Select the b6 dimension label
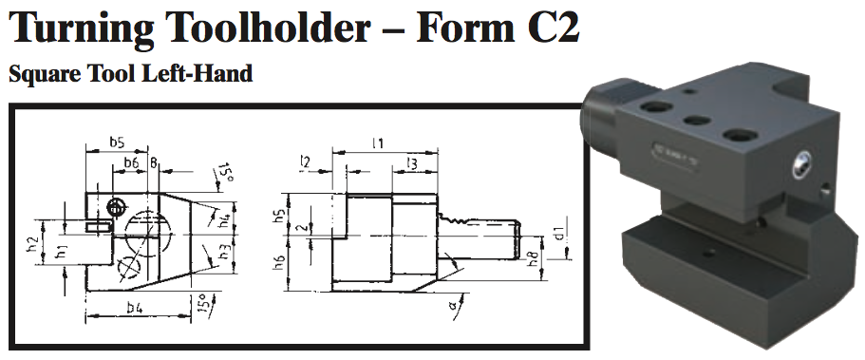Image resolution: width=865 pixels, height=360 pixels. click(131, 163)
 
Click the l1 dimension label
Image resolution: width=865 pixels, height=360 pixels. click(377, 142)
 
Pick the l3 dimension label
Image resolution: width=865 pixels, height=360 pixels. click(411, 163)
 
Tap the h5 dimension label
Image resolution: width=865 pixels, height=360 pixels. click(278, 216)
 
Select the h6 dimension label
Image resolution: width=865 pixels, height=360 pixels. click(278, 261)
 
